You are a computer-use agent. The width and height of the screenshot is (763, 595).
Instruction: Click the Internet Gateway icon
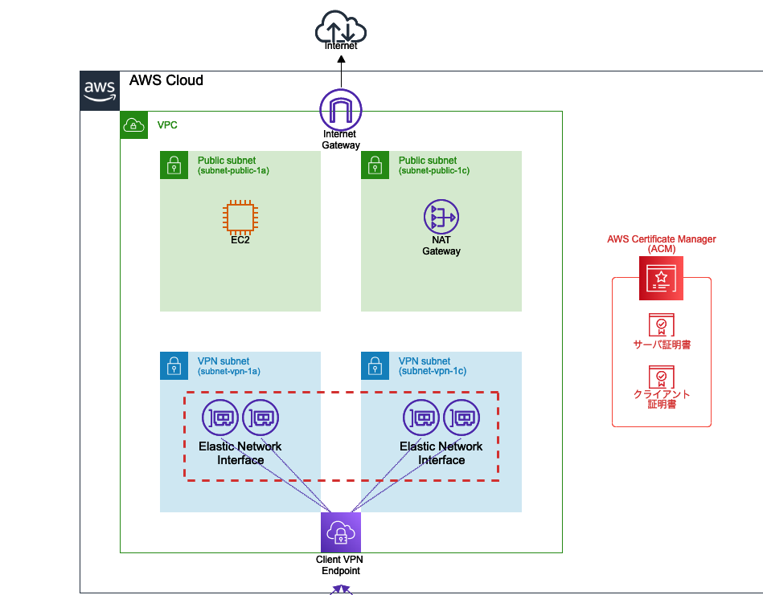click(x=341, y=108)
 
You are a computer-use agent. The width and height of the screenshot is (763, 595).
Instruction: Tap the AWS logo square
click(x=100, y=91)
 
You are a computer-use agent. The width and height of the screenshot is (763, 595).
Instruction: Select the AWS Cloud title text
click(x=166, y=80)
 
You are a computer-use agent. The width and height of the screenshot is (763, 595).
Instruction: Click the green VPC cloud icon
click(x=133, y=125)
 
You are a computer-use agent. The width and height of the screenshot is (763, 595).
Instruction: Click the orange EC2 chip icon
click(x=240, y=217)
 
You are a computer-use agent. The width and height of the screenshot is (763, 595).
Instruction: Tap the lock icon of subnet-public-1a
click(x=173, y=165)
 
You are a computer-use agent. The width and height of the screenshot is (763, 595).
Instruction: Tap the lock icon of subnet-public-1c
click(x=374, y=165)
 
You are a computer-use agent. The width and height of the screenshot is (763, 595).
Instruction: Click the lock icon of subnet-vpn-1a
click(x=173, y=366)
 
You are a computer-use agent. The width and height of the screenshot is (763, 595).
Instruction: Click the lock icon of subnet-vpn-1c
click(x=374, y=366)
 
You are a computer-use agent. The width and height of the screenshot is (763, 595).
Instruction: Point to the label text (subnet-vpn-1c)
click(x=433, y=371)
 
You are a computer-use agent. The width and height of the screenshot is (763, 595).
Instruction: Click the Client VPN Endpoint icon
click(x=341, y=532)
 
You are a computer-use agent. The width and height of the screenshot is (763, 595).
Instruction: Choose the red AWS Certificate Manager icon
click(x=661, y=278)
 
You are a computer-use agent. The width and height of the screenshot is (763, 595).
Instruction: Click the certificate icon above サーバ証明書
click(x=662, y=324)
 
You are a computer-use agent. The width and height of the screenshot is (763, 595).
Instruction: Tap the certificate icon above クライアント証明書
click(x=662, y=377)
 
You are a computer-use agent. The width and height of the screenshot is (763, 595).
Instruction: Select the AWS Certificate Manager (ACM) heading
click(x=662, y=243)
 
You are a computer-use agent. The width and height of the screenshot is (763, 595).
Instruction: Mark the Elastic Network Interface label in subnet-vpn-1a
click(x=240, y=453)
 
